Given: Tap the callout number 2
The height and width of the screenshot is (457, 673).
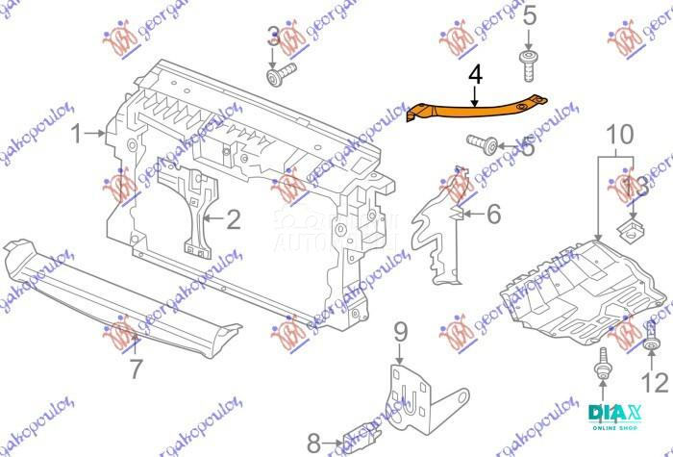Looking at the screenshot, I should (233, 220).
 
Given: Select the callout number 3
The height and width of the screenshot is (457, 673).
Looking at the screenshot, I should (274, 38).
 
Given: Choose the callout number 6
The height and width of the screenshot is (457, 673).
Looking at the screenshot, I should (493, 214).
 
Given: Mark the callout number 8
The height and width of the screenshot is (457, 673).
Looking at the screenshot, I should (312, 444).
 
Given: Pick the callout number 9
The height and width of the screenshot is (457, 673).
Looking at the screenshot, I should (401, 334).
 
